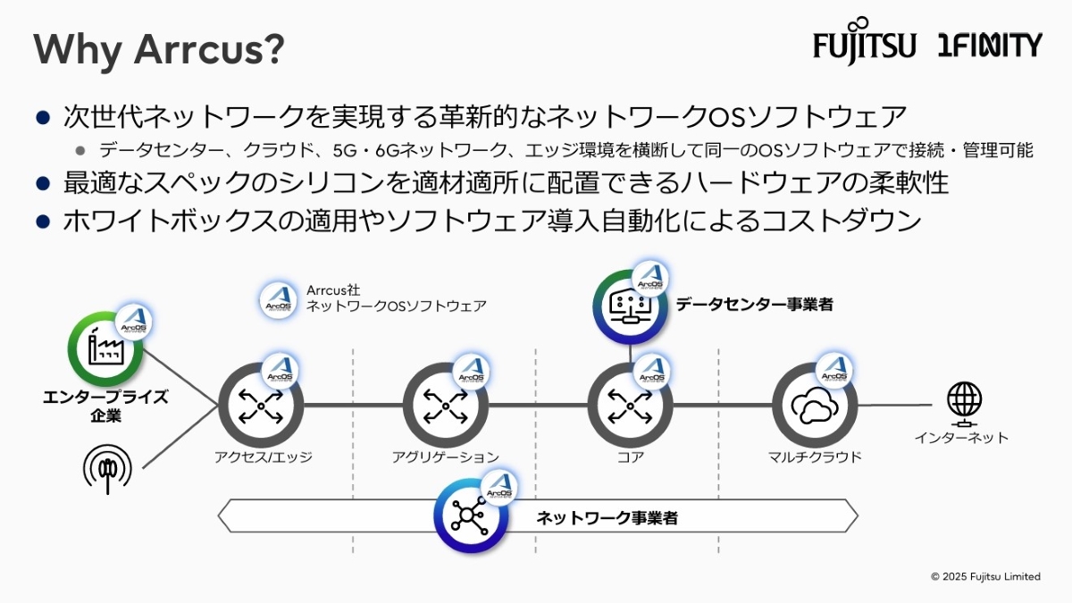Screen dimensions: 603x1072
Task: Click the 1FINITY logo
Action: click(x=990, y=45)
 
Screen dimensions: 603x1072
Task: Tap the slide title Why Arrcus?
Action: click(x=159, y=50)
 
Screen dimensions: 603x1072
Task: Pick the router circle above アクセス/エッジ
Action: click(x=261, y=406)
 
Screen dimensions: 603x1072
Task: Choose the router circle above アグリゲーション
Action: click(x=445, y=406)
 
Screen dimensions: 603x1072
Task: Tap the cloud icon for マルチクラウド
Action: click(x=813, y=406)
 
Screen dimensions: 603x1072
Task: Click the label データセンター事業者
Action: click(x=754, y=305)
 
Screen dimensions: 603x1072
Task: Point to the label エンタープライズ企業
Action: click(x=105, y=406)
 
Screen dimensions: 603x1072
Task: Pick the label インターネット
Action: click(x=961, y=438)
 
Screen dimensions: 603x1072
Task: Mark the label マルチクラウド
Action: click(x=814, y=457)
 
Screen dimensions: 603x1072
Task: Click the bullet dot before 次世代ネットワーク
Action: click(x=42, y=116)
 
